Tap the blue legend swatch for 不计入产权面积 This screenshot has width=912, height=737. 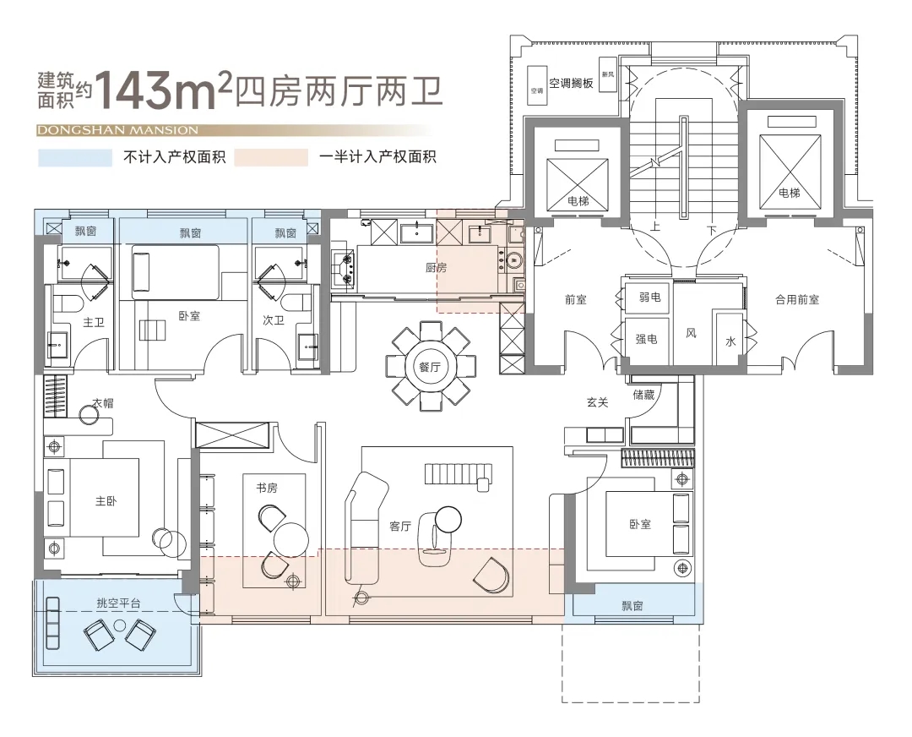(74, 158)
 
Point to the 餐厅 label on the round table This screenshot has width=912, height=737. (430, 367)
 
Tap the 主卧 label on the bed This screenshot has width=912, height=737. (106, 500)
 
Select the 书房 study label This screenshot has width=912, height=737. (267, 488)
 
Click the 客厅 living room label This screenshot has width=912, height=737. (400, 526)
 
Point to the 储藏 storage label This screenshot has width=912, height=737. (643, 394)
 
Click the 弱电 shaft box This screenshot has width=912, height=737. (649, 297)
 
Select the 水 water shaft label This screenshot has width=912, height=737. (730, 341)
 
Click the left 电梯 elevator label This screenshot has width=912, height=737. (578, 201)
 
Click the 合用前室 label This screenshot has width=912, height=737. (797, 299)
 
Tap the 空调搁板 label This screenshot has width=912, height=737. (571, 83)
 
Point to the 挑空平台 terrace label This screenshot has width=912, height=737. (118, 603)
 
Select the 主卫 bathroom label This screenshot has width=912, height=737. (91, 322)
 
